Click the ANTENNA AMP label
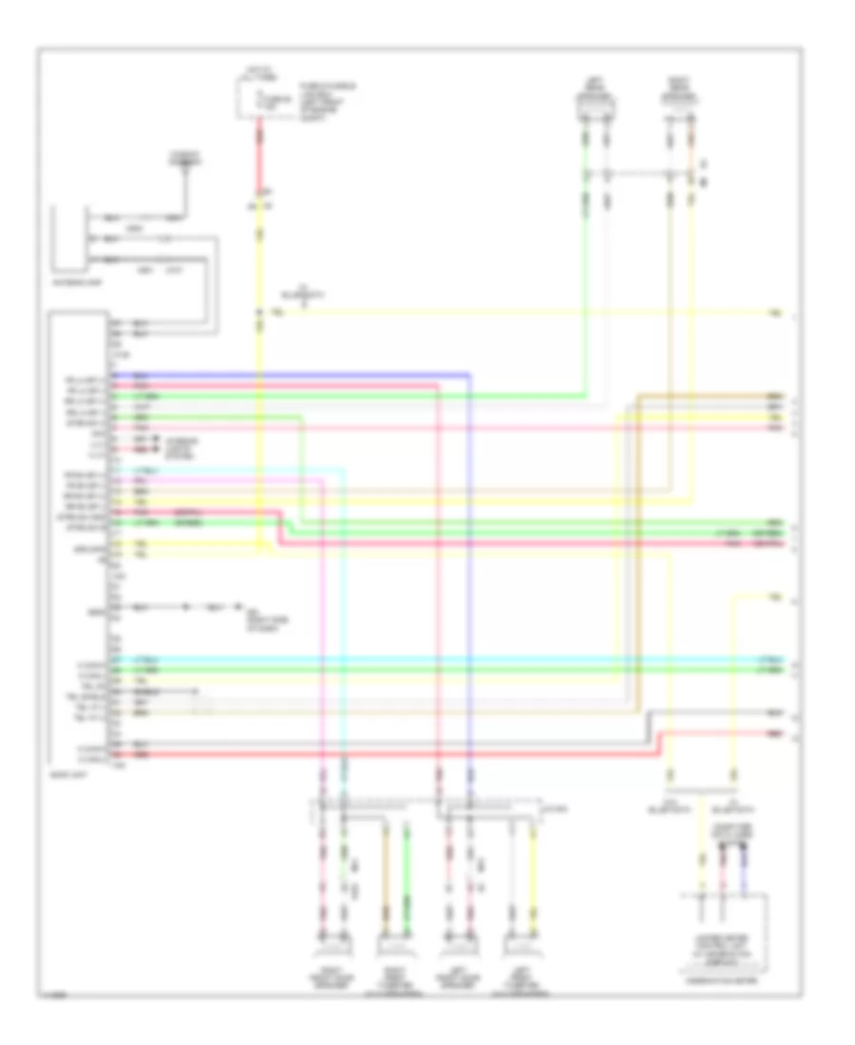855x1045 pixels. (83, 282)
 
